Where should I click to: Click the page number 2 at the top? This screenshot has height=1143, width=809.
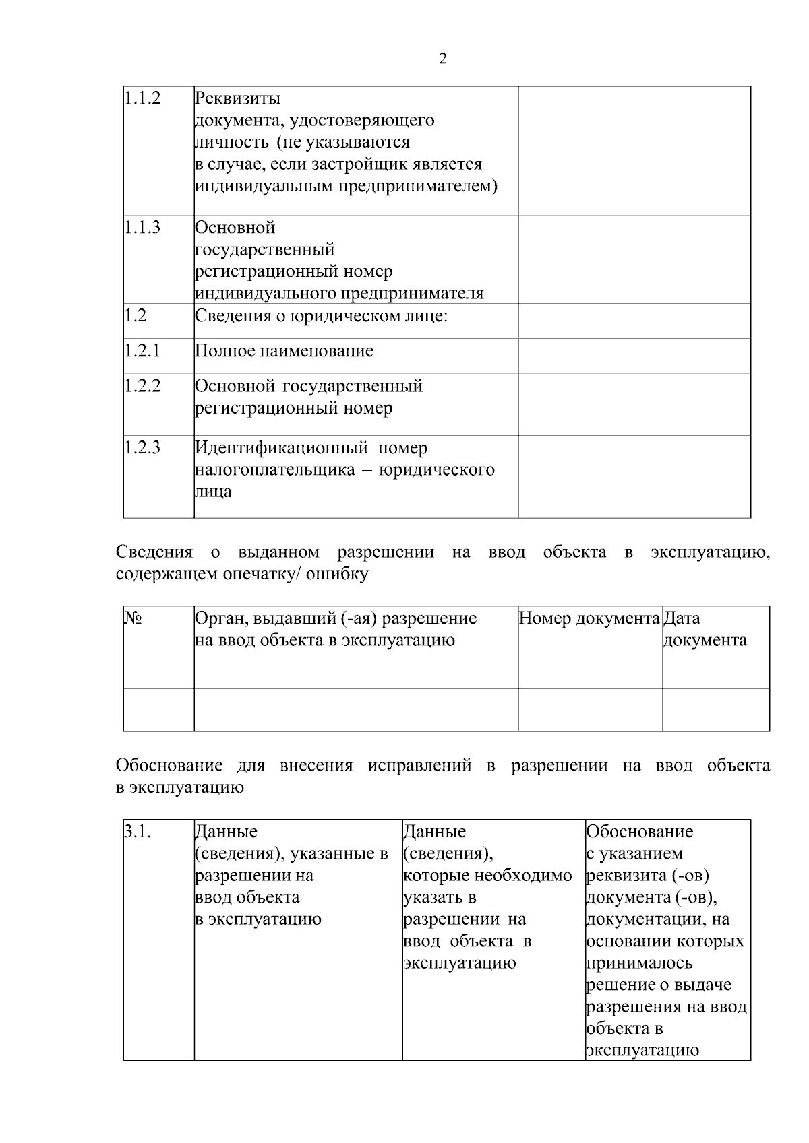(442, 59)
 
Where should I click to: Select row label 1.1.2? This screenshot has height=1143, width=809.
(142, 98)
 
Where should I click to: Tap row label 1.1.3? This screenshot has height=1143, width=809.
(142, 228)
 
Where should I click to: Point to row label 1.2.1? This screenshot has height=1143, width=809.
(142, 350)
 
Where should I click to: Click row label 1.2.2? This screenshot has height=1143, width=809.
(142, 386)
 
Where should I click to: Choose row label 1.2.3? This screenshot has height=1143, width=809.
(142, 448)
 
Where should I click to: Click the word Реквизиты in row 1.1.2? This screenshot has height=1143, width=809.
(237, 98)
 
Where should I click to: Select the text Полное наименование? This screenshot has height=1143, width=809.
(284, 351)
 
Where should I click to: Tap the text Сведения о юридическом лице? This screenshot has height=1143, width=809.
(321, 316)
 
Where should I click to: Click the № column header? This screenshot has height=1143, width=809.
(132, 618)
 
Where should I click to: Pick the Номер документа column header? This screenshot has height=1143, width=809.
(589, 618)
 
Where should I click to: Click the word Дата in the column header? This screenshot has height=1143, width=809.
(682, 618)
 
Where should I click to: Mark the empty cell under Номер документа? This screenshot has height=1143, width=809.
(590, 709)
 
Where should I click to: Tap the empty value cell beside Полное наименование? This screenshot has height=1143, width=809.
(634, 356)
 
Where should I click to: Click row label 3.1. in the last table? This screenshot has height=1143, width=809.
(137, 832)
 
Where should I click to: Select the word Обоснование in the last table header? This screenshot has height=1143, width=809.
(639, 832)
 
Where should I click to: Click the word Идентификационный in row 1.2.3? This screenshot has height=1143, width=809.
(281, 448)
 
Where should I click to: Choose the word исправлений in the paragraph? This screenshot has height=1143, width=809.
(419, 766)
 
